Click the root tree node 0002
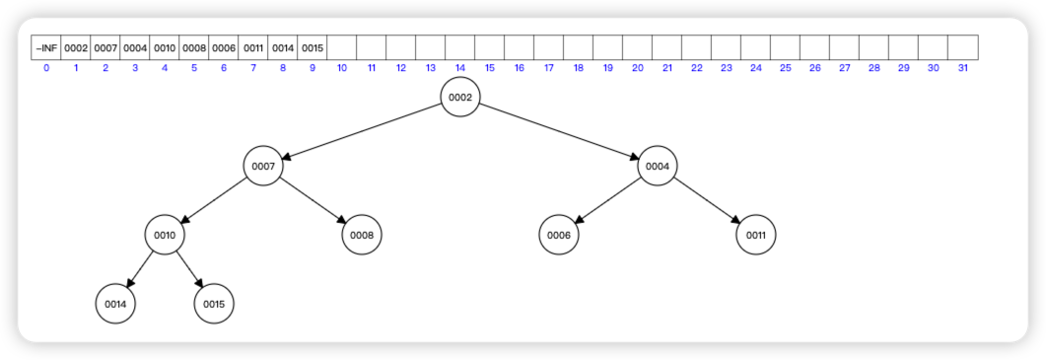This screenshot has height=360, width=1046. click(x=460, y=98)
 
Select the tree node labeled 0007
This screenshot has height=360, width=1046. click(x=263, y=167)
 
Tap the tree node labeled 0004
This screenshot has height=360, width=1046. click(x=658, y=167)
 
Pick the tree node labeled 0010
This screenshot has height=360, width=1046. click(x=165, y=236)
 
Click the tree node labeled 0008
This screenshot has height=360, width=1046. click(x=362, y=236)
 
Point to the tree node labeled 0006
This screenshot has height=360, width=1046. click(x=559, y=236)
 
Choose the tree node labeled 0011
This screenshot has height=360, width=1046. click(x=756, y=236)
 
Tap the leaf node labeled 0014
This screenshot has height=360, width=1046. click(x=115, y=305)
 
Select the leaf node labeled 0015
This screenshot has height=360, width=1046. click(x=214, y=305)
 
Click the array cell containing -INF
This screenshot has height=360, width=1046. click(x=46, y=47)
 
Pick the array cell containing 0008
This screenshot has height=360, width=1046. click(x=194, y=47)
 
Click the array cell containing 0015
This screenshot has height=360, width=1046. click(x=313, y=47)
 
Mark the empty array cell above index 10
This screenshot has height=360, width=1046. click(x=342, y=47)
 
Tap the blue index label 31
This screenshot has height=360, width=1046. click(x=963, y=68)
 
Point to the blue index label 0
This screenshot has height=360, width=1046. click(x=46, y=68)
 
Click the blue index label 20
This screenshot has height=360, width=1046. click(x=638, y=68)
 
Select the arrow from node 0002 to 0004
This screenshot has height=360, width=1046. click(x=559, y=132)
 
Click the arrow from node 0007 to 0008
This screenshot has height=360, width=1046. click(x=313, y=201)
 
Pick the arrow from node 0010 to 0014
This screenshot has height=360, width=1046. click(x=140, y=270)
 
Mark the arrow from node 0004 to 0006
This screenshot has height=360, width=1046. click(x=608, y=201)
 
